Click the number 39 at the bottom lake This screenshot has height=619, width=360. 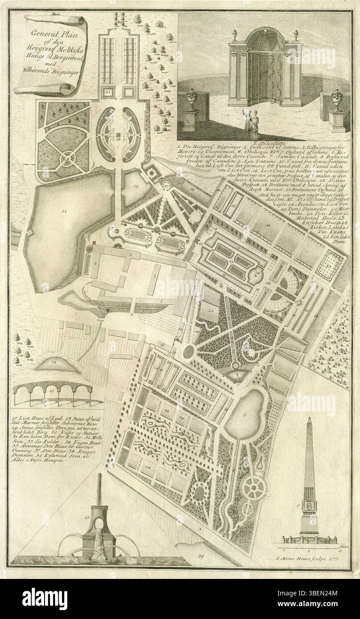click(200, 556)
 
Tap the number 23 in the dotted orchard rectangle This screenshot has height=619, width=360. click(329, 266)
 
